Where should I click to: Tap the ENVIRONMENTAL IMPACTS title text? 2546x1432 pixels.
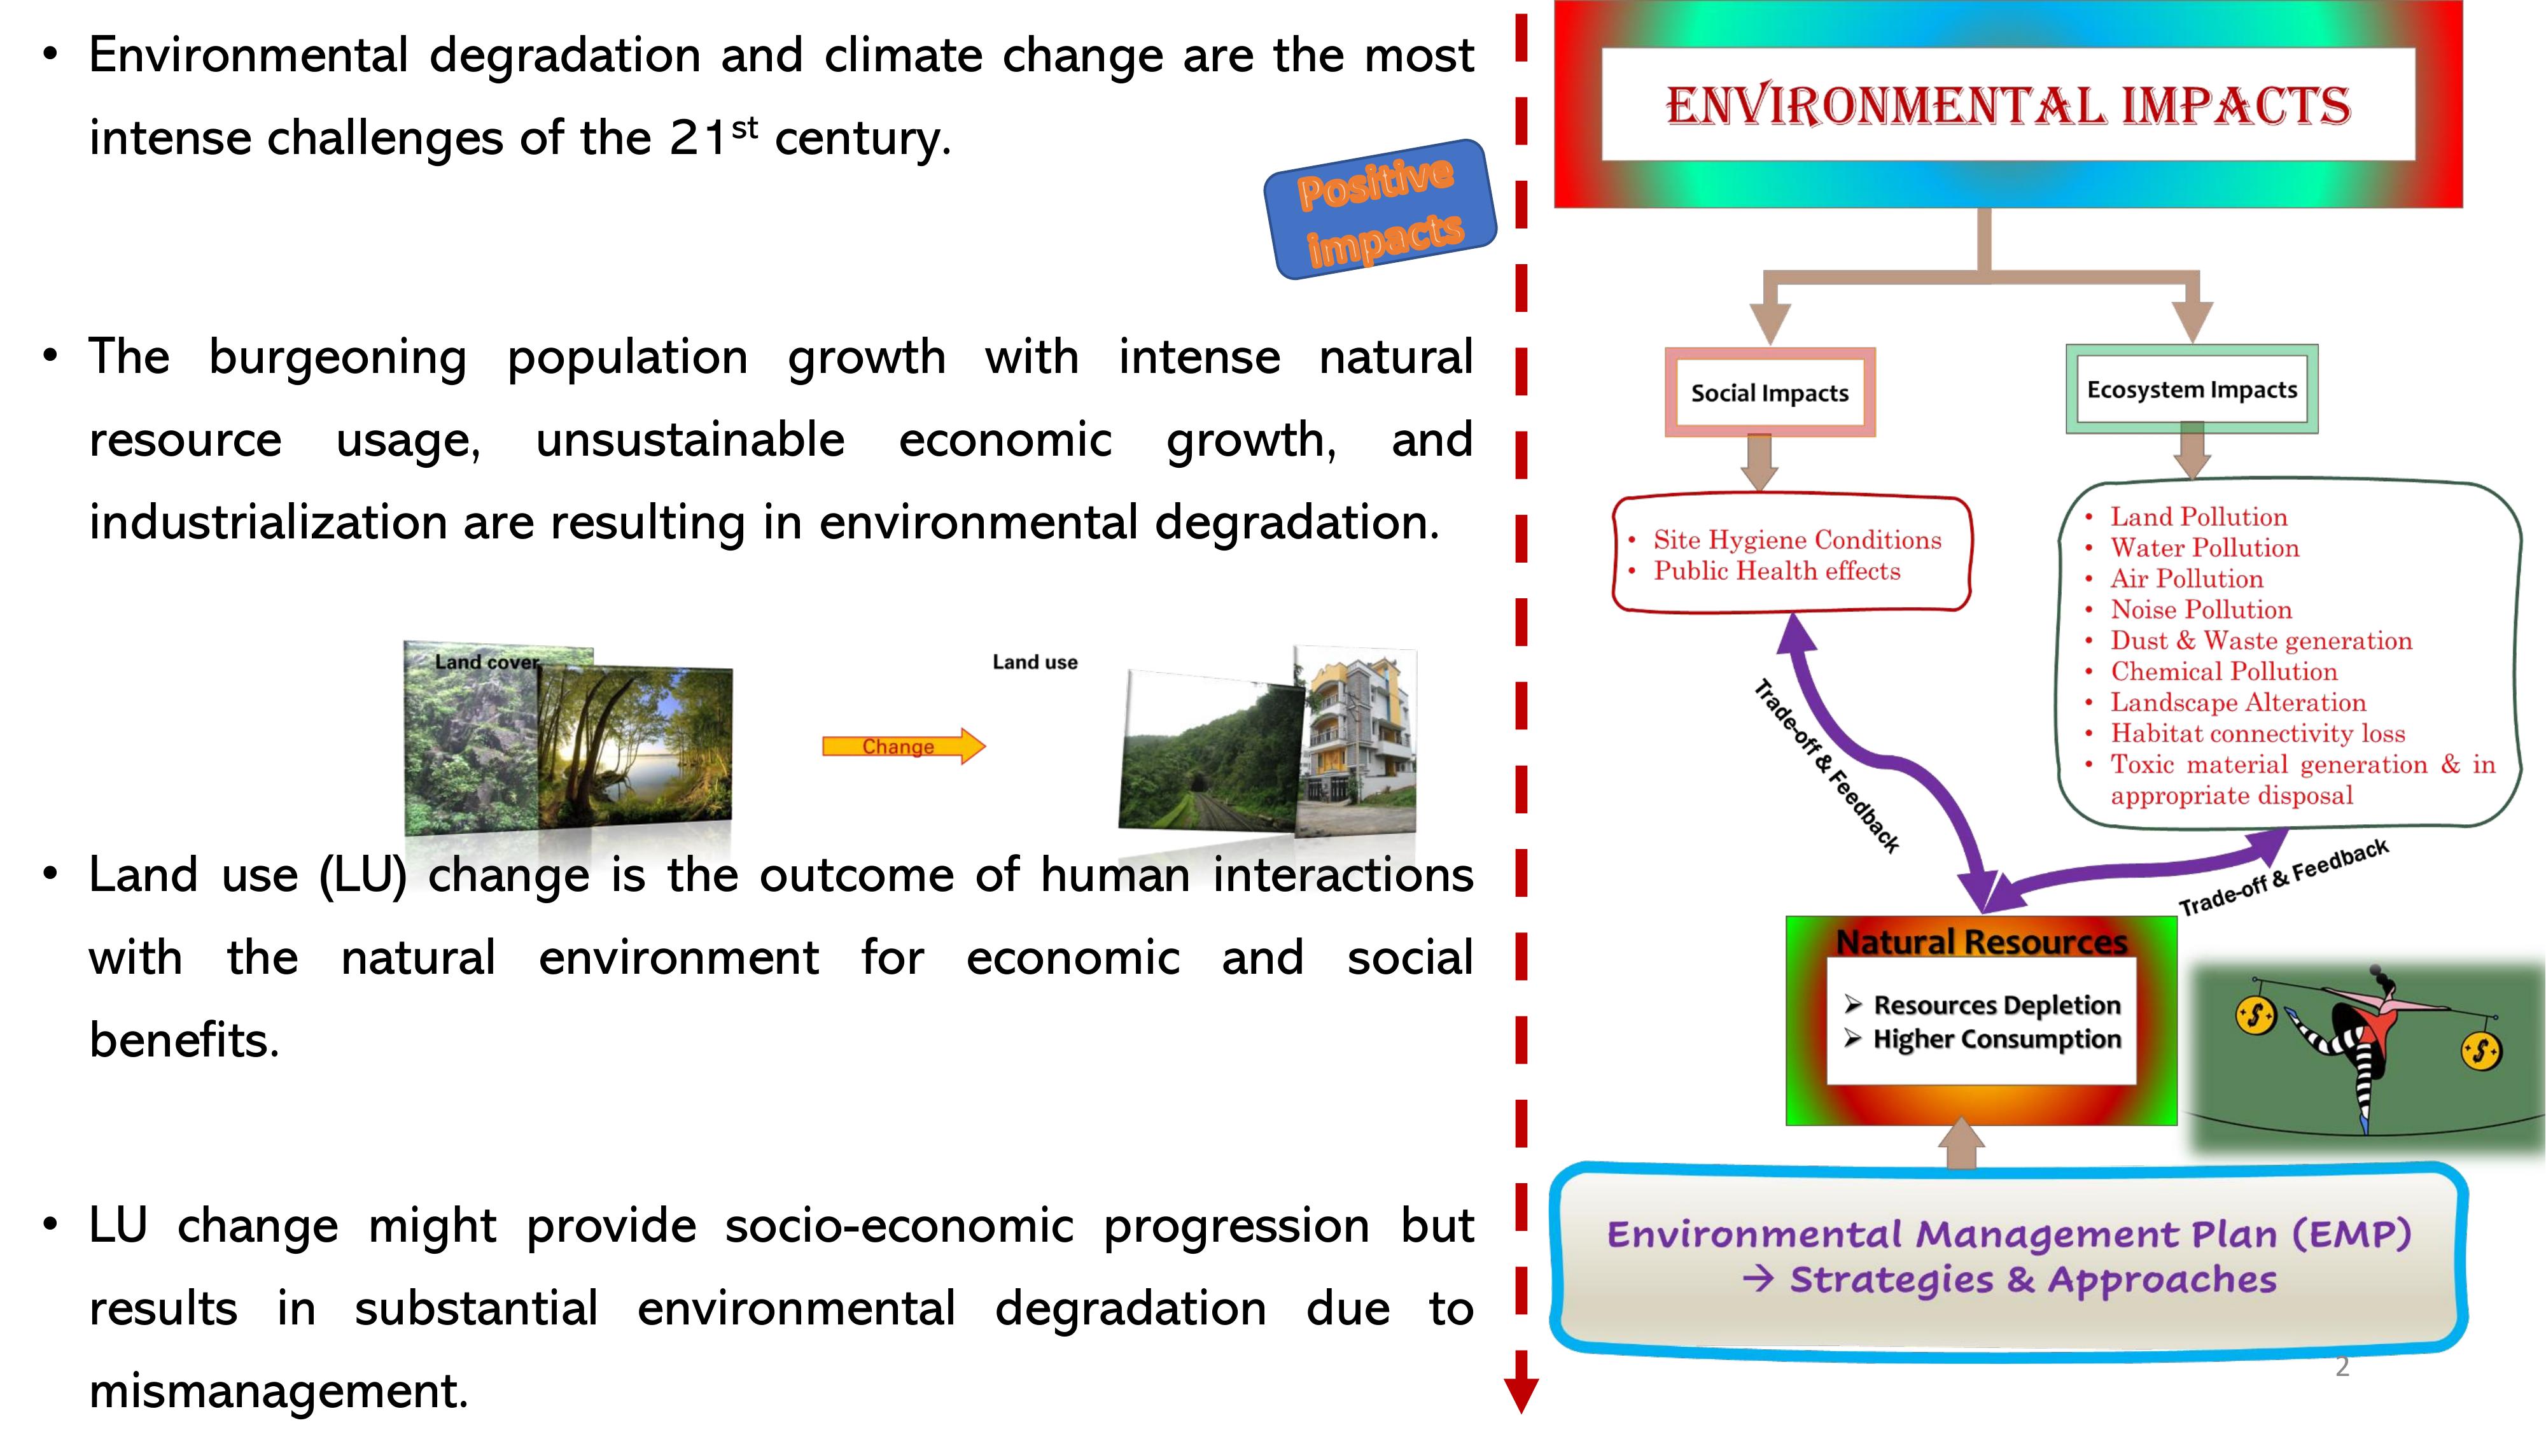coord(2008,107)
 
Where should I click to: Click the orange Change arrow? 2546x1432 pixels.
coord(904,746)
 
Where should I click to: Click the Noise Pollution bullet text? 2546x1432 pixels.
coord(2201,610)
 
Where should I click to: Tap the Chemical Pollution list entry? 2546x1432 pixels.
coord(2224,672)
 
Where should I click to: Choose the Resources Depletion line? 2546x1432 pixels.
coord(1996,1004)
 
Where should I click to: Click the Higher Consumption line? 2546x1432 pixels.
coord(1996,1039)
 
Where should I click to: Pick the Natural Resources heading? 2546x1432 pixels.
coord(1982,942)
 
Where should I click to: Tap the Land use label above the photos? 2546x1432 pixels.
coord(1035,662)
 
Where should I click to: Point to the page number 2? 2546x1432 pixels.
coord(2341,1367)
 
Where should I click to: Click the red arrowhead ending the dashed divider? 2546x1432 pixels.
coord(1521,1393)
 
